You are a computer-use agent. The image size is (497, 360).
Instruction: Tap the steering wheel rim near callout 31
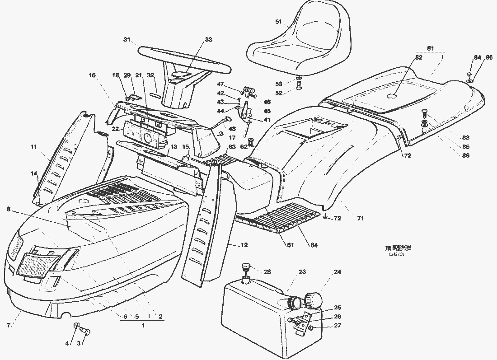click(x=149, y=52)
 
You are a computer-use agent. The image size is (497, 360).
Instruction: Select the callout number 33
click(x=208, y=40)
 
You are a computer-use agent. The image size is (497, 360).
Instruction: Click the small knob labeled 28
click(x=247, y=268)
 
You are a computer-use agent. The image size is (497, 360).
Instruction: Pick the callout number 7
click(x=9, y=325)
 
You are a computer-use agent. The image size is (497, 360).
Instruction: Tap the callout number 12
click(x=244, y=245)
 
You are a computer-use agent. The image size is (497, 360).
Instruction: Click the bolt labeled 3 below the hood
click(x=85, y=332)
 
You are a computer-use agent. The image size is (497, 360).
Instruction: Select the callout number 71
click(x=360, y=219)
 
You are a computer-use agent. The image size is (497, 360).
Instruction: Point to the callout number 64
click(x=314, y=245)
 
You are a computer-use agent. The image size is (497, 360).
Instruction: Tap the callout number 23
click(x=302, y=272)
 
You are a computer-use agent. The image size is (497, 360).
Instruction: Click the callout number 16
click(x=92, y=75)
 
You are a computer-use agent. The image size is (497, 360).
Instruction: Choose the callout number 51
click(x=278, y=22)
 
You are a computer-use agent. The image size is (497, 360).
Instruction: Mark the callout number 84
click(x=477, y=57)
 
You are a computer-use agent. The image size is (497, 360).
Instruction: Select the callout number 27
click(x=338, y=326)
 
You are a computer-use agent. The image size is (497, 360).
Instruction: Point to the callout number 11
click(x=33, y=147)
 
